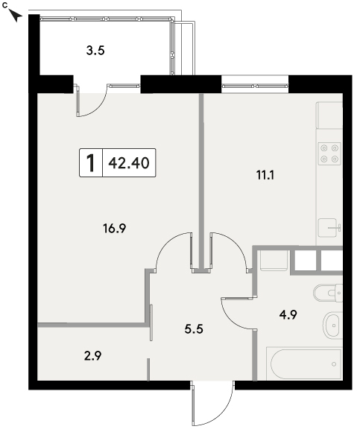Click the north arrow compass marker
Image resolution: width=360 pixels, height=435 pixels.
tap(15, 15)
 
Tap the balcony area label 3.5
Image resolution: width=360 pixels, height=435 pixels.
tap(95, 51)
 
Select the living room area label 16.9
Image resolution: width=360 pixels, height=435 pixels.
tap(114, 229)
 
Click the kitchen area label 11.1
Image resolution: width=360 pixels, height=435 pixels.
tap(265, 175)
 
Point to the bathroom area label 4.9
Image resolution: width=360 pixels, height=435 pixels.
tap(288, 315)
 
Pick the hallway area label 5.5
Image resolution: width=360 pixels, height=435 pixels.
tap(194, 329)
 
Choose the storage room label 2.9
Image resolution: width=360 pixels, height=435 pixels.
tap(92, 356)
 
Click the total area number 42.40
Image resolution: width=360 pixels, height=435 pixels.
tap(129, 163)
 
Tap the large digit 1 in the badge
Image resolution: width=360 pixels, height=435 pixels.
tap(91, 163)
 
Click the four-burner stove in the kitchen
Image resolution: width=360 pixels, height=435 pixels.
tap(329, 153)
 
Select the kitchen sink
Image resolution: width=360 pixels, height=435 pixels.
tap(329, 228)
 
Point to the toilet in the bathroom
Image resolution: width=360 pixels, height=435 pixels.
tap(328, 293)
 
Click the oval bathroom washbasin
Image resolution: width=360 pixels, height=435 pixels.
tap(332, 326)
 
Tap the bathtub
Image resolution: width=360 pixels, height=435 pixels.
tap(305, 363)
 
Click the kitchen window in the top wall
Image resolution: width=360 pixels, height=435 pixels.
tap(255, 86)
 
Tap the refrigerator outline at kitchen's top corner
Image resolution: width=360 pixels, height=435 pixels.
tap(329, 115)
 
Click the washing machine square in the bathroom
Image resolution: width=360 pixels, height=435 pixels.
tap(274, 261)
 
